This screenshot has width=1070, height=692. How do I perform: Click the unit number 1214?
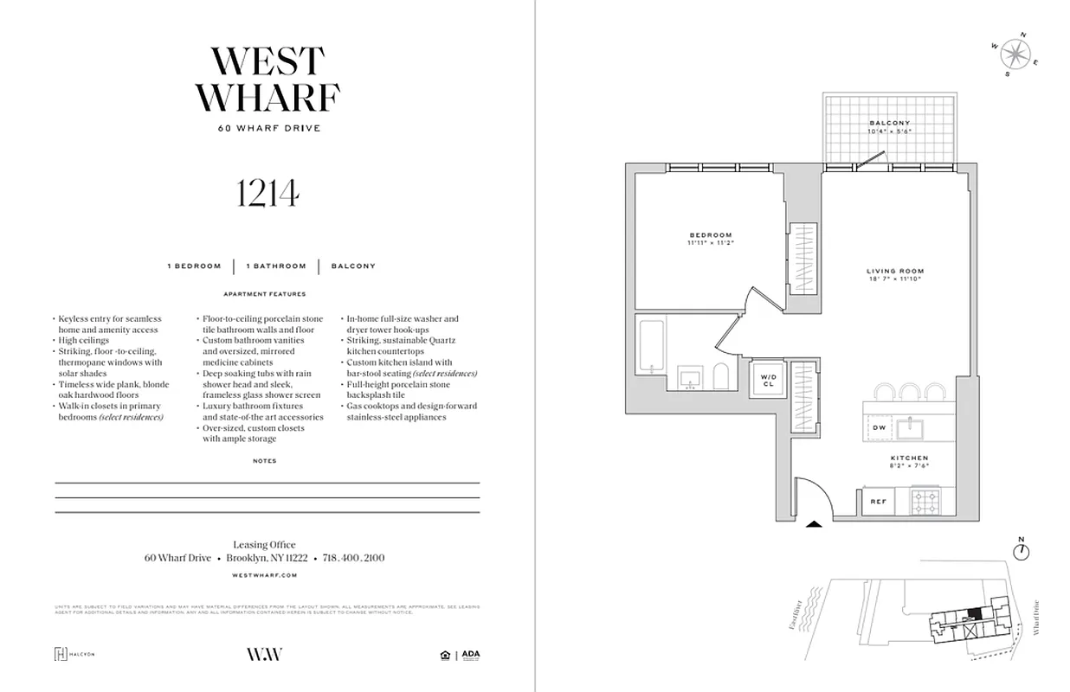tap(267, 196)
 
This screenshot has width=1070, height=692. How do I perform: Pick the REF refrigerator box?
tap(878, 501)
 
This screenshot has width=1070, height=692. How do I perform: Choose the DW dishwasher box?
tap(879, 427)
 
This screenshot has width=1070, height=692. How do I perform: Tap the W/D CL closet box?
tap(769, 381)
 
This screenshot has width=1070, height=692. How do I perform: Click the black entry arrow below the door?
tap(813, 523)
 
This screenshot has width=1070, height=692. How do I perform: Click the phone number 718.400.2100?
tap(353, 559)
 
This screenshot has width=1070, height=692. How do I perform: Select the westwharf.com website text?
tap(266, 574)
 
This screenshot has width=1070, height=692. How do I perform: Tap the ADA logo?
tap(470, 654)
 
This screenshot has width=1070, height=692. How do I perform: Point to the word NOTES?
tap(265, 461)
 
